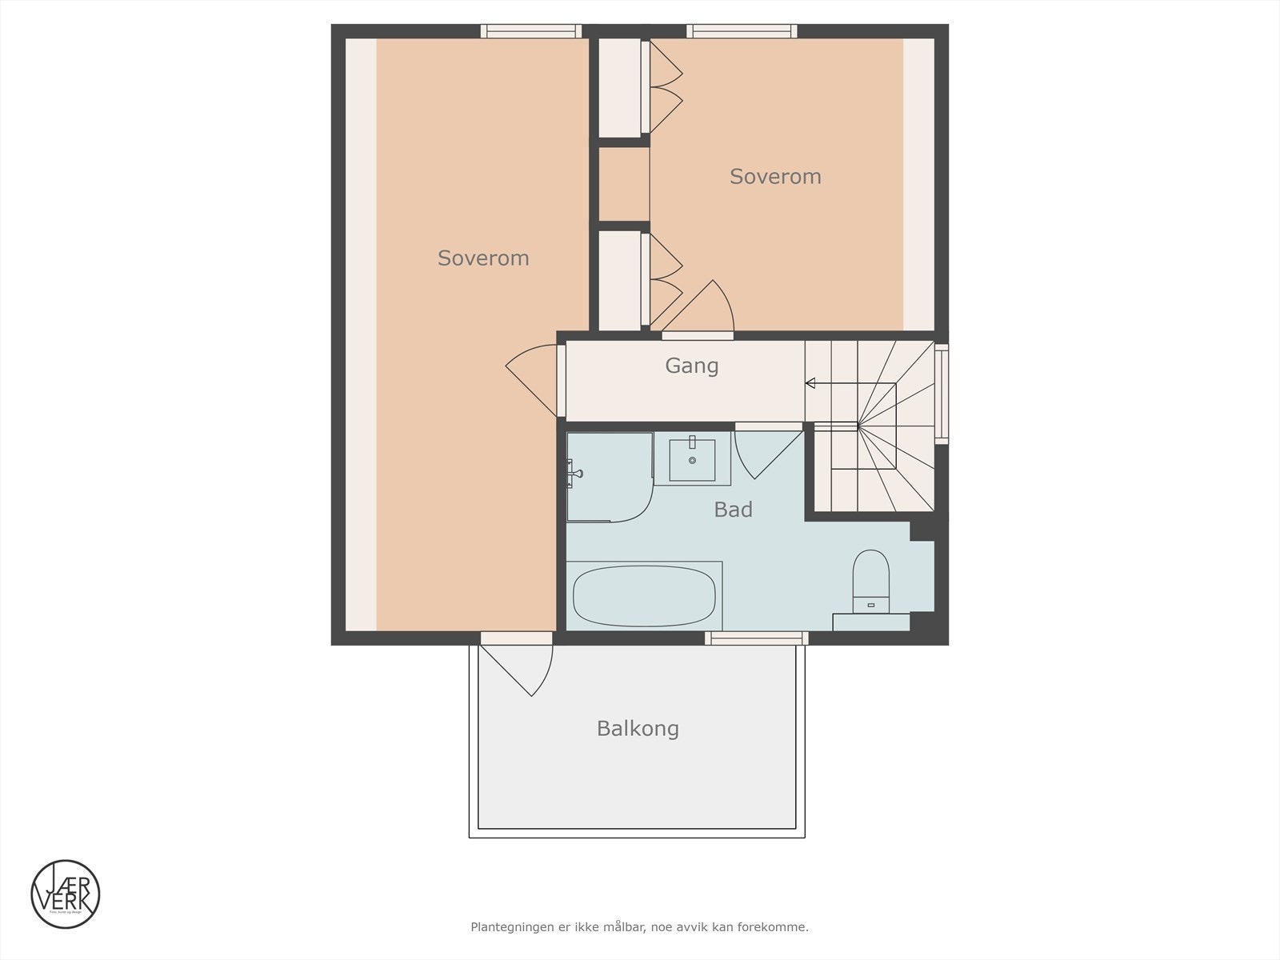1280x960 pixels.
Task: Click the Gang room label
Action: [692, 366]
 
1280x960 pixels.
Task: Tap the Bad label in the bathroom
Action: [733, 510]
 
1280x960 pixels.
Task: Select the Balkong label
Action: [638, 729]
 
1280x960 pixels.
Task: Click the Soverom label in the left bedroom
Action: [483, 258]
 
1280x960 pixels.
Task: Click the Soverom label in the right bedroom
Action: [775, 177]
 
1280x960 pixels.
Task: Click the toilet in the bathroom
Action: [870, 580]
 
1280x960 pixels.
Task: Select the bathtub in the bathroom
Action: [644, 596]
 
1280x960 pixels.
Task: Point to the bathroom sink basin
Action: [692, 460]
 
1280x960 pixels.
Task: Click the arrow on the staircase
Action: [810, 383]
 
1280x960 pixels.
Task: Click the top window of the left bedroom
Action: [530, 31]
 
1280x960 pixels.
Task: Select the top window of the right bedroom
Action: [742, 31]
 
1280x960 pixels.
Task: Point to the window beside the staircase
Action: [942, 394]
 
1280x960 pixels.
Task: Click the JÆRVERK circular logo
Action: [66, 894]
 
